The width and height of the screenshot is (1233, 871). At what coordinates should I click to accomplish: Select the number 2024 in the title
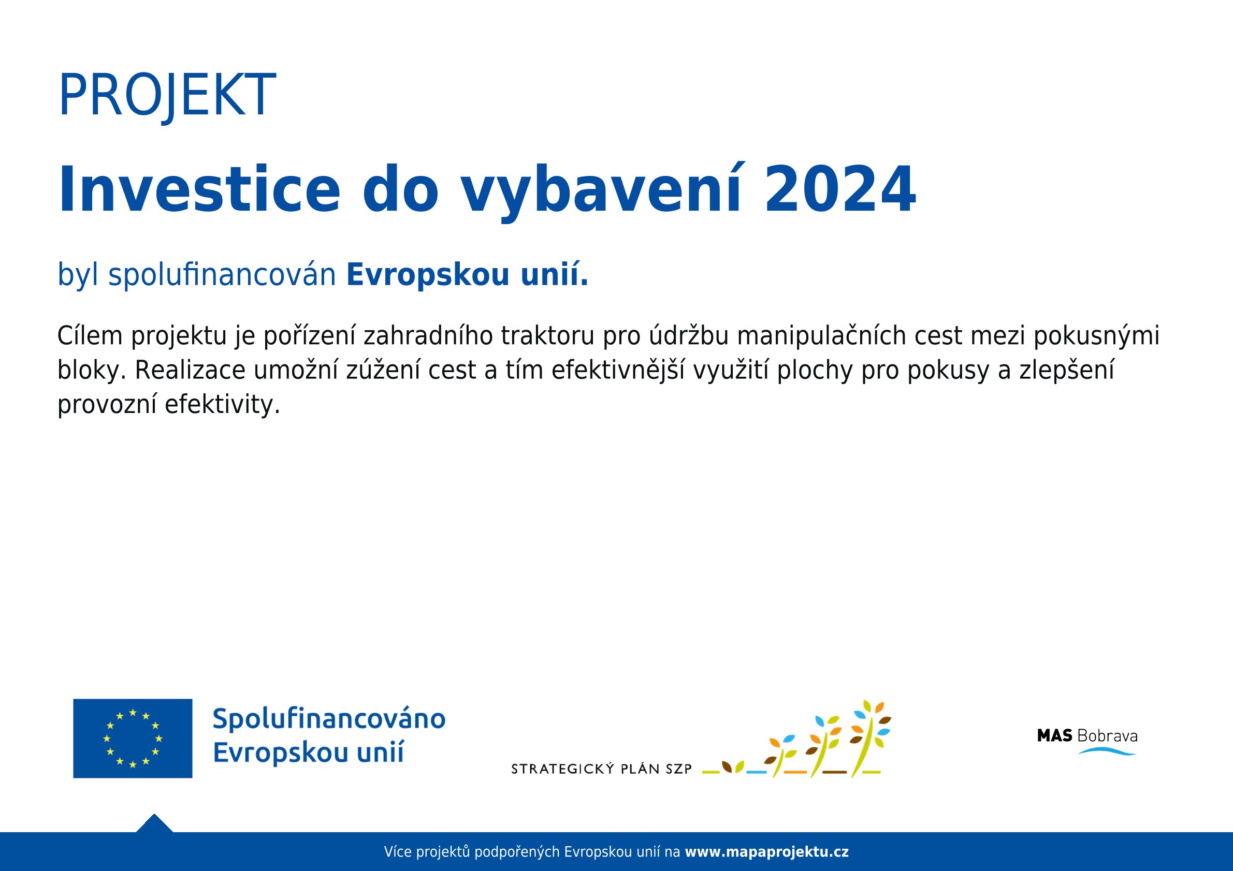tap(840, 190)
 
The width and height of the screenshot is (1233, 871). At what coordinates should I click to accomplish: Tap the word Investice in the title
tap(199, 189)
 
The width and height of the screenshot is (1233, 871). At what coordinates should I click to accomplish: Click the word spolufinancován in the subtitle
tap(222, 275)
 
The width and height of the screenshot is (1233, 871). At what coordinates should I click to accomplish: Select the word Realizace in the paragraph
tap(190, 371)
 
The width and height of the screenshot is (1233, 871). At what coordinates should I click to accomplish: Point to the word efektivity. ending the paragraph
tap(222, 404)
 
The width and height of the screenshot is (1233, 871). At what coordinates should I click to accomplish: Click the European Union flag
tap(133, 739)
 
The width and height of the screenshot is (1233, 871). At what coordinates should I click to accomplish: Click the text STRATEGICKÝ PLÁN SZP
tap(601, 769)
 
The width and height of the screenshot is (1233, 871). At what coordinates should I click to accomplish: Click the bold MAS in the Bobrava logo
tap(1055, 736)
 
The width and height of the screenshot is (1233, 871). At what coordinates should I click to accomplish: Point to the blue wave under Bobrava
tap(1107, 751)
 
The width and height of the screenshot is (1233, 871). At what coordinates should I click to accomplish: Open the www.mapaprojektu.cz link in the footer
tap(767, 852)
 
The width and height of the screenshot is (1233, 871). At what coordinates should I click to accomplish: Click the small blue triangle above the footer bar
tap(154, 823)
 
